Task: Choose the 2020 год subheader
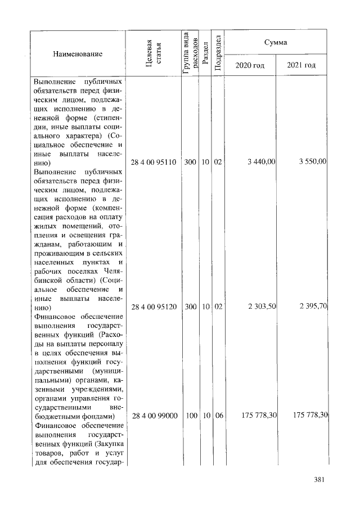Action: click(x=250, y=65)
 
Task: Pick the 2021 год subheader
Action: click(x=301, y=65)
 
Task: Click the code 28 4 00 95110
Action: click(x=154, y=162)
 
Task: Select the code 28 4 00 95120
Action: click(x=154, y=307)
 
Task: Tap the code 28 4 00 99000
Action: click(x=154, y=416)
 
